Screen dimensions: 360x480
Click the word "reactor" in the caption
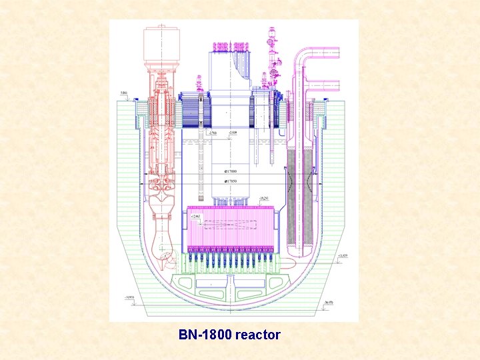(257, 335)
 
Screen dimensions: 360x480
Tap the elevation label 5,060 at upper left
(124, 93)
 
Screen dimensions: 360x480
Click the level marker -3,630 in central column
(232, 133)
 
